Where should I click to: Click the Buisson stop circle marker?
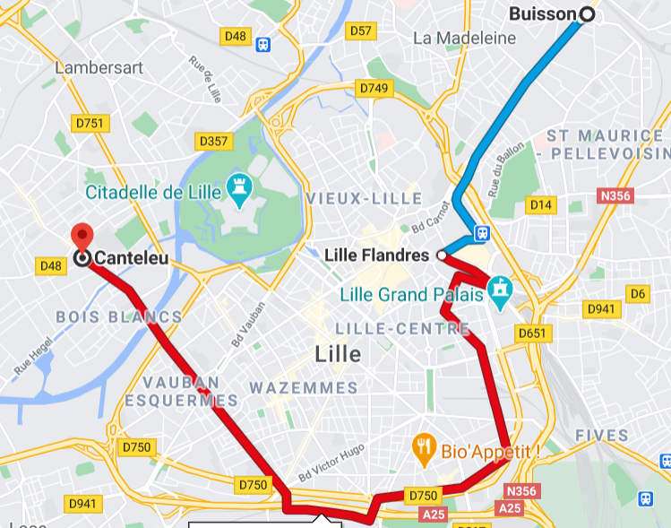coord(587,13)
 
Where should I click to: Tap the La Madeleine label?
coord(464,39)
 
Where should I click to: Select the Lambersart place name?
coord(99,67)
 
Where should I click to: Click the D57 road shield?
coord(360,31)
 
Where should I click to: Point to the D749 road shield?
coord(374,88)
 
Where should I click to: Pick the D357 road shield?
coord(213,142)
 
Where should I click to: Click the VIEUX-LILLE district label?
coord(363,197)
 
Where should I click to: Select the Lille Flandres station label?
coord(376,255)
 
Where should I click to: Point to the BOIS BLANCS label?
coord(118,316)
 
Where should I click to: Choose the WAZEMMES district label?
coord(303,388)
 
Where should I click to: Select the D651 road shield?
coord(531,333)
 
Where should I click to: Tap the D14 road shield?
coord(540,205)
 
